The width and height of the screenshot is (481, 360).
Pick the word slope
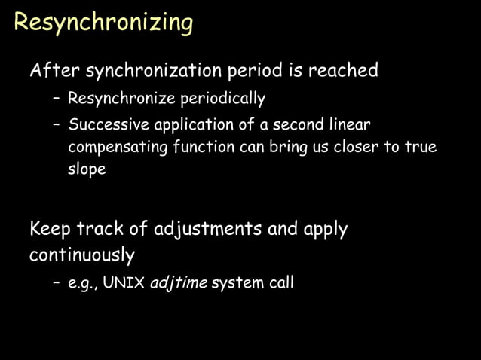87,169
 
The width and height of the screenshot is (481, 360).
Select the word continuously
81,255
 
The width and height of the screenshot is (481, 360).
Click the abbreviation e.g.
81,284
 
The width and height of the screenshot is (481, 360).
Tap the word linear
348,124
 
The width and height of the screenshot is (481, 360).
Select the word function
203,147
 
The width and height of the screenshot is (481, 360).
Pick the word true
421,147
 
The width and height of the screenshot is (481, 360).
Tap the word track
108,229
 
